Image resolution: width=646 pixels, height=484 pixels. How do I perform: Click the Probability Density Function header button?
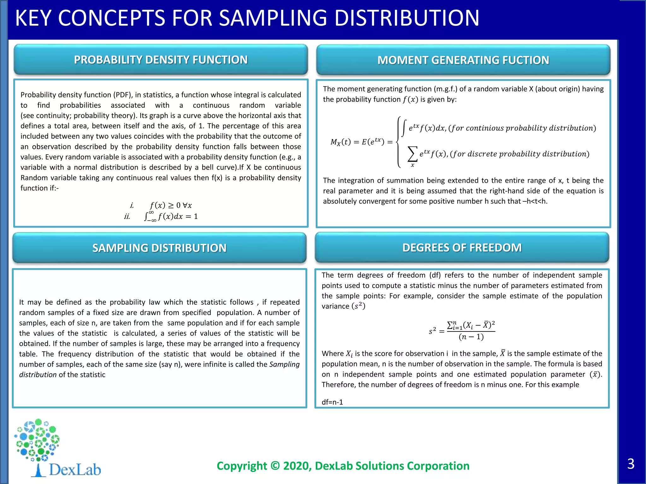(x=161, y=60)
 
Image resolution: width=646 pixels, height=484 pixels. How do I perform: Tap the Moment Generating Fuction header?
(x=463, y=60)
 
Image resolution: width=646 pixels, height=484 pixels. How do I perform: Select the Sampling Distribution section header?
(x=159, y=248)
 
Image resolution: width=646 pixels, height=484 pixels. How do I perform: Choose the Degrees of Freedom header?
(x=462, y=247)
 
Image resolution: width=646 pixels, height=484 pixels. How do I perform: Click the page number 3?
(x=631, y=464)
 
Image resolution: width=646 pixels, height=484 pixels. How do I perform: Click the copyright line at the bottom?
(x=343, y=466)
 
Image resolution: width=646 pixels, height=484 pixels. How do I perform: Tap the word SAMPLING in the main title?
(x=273, y=18)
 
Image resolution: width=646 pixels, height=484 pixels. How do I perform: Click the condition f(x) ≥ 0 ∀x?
(x=171, y=205)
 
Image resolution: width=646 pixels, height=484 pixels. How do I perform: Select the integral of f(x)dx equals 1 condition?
(x=171, y=216)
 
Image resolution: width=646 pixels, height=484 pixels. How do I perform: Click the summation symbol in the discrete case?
(x=412, y=153)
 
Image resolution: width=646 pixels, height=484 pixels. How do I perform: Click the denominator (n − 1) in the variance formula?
(x=471, y=337)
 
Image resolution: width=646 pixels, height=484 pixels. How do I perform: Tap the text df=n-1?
(x=332, y=402)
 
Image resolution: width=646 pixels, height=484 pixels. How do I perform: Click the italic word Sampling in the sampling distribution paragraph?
(x=284, y=364)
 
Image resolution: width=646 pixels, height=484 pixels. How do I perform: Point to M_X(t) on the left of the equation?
(x=340, y=142)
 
